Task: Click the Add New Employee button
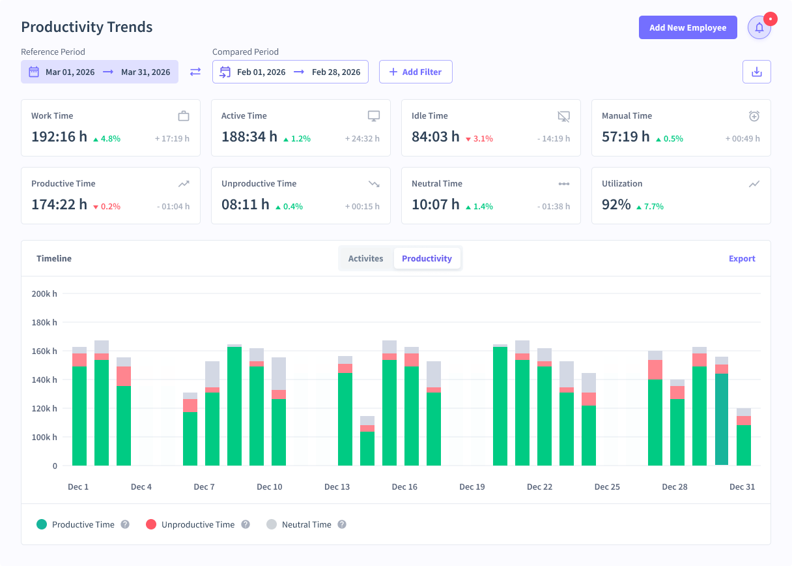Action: click(688, 27)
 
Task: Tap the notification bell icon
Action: click(759, 27)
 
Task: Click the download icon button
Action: click(756, 72)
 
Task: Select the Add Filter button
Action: click(416, 72)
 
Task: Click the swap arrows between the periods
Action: click(195, 72)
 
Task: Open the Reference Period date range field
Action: click(100, 72)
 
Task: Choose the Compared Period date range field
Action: click(290, 72)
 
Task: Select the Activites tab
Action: click(365, 258)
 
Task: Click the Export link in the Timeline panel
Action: click(742, 258)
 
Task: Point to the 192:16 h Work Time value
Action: click(59, 136)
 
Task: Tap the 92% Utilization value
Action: click(616, 204)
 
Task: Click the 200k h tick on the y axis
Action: click(44, 293)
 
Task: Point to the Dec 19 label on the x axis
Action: click(472, 486)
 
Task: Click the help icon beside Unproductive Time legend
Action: click(246, 524)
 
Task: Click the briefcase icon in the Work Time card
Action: click(184, 116)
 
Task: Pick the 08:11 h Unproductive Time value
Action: click(245, 204)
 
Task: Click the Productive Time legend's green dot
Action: click(42, 524)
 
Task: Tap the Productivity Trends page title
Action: click(87, 27)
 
